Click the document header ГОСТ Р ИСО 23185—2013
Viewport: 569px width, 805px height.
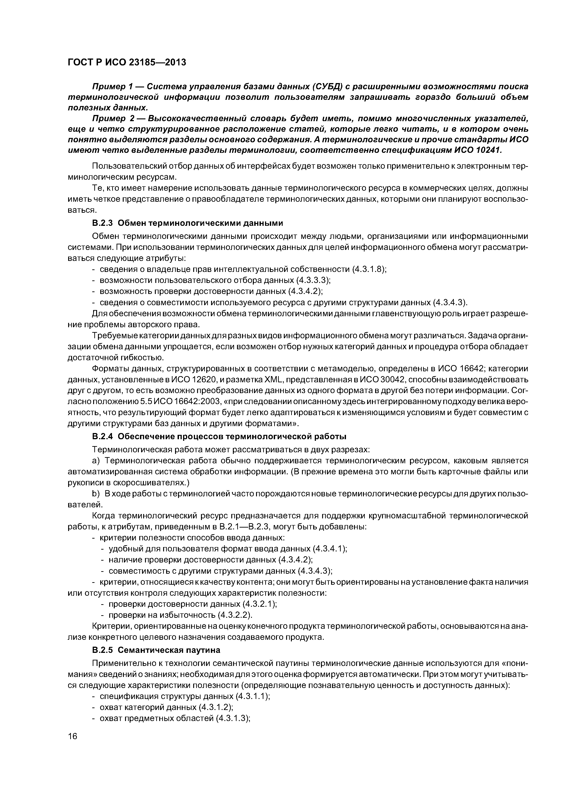[127, 62]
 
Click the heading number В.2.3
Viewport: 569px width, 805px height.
[102, 223]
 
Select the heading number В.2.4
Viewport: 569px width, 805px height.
[102, 436]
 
